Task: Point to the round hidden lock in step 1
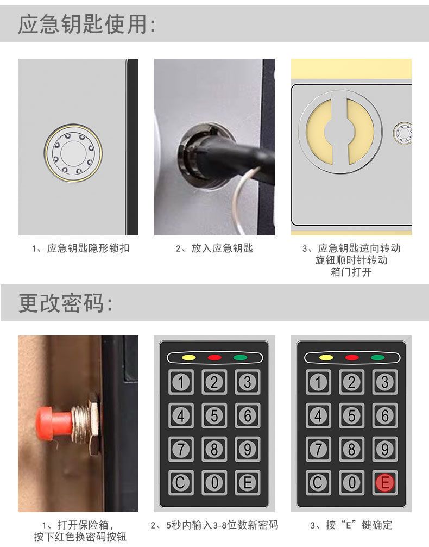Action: (x=73, y=153)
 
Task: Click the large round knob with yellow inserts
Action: (x=340, y=132)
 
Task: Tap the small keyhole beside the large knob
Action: (x=403, y=133)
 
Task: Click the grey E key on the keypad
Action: (x=248, y=483)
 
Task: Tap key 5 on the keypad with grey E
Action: (x=214, y=415)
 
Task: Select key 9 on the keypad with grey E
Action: (x=248, y=449)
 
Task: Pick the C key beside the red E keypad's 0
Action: (x=318, y=483)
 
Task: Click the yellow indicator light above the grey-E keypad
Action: (x=189, y=358)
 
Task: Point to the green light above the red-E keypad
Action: (x=377, y=358)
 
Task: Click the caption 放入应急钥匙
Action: (x=214, y=248)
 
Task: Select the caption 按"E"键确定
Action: (x=351, y=525)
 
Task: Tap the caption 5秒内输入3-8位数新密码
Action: (x=214, y=525)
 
